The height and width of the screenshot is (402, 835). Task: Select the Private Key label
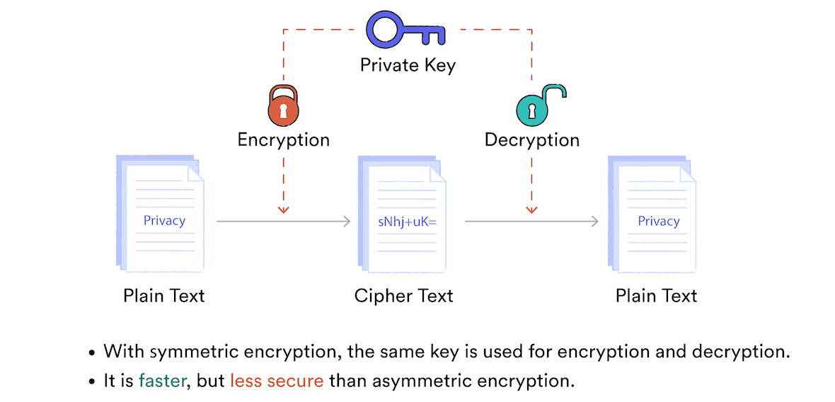coord(408,66)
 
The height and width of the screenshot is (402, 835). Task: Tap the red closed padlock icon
coord(283,108)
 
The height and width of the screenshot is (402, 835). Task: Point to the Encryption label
coord(283,140)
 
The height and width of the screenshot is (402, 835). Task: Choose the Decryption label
coord(531,140)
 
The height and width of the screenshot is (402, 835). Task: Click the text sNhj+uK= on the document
coord(407,222)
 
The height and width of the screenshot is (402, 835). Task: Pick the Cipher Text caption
coord(403,295)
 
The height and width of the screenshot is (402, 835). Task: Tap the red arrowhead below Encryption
coord(283,209)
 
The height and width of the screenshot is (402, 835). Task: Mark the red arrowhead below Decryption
coord(531,209)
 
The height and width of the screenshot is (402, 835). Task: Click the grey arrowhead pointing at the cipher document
coord(347,222)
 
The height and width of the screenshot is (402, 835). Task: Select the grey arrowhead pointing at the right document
coord(594,222)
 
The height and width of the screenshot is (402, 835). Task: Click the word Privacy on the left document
coord(164,221)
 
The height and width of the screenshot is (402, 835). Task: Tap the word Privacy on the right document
coord(658,222)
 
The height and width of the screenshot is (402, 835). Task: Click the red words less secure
coord(277,381)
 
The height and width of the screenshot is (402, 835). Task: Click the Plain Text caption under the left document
coord(163,295)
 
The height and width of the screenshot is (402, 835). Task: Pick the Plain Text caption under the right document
coord(656,295)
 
